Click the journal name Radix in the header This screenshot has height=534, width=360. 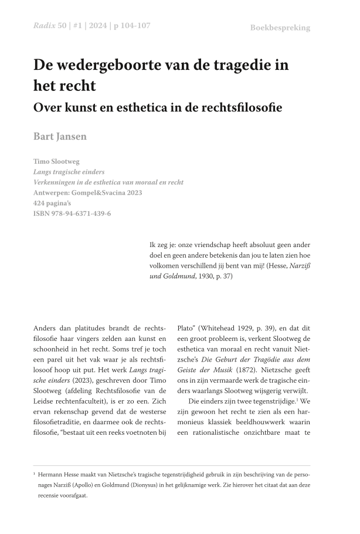(44, 27)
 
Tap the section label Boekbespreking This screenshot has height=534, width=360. (280, 28)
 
